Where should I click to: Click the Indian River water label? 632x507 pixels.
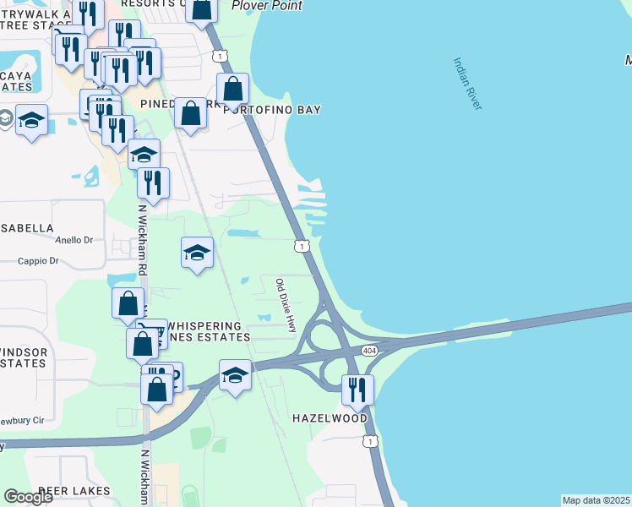[467, 83]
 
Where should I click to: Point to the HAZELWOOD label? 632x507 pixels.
[330, 418]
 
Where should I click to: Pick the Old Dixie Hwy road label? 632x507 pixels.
[286, 303]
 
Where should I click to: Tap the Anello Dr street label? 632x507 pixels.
[74, 240]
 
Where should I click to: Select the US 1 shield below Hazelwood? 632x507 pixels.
[369, 441]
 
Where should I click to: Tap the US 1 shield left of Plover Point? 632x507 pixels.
[220, 56]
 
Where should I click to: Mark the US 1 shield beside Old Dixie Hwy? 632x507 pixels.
[301, 246]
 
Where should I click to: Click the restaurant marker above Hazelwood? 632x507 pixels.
[357, 389]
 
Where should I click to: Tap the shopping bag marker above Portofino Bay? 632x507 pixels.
[233, 88]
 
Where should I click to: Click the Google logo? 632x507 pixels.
[28, 496]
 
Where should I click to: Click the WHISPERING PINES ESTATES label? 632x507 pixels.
[208, 330]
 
